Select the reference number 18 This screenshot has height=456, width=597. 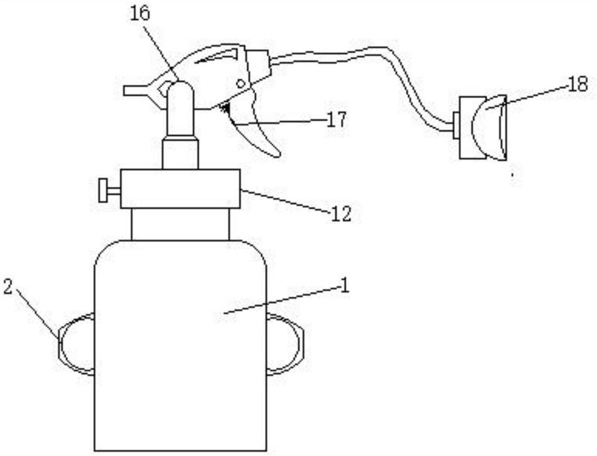[x=577, y=84]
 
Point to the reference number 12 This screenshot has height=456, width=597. [x=341, y=214]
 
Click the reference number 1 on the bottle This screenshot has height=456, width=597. [x=343, y=285]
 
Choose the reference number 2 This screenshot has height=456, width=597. [x=8, y=286]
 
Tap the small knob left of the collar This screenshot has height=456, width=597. [x=107, y=189]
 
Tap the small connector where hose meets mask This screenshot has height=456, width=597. [x=456, y=125]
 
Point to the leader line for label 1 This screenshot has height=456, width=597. [x=281, y=298]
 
